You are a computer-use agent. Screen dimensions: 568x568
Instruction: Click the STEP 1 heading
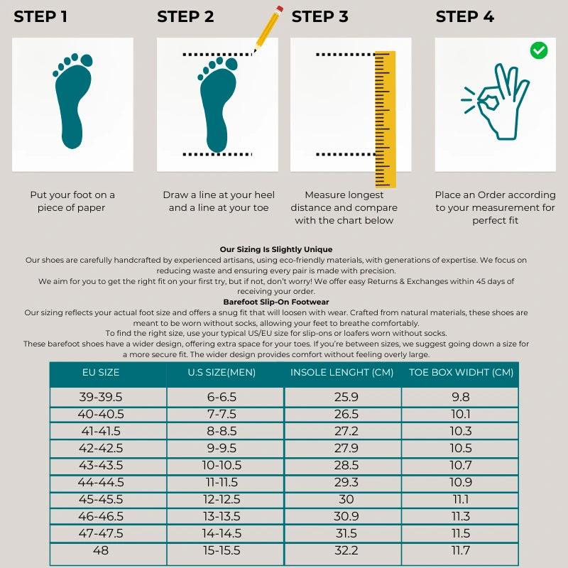coord(40,17)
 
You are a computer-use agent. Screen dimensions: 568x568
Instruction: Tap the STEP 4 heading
coord(465,17)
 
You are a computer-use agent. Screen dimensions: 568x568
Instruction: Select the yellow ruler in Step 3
coord(385,119)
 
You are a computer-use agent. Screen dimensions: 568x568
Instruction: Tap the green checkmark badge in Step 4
coord(539,50)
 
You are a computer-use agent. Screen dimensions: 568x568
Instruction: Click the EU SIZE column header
coord(101,372)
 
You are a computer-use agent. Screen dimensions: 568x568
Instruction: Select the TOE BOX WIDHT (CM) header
coord(461,372)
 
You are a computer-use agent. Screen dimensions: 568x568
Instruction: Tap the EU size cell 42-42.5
coord(101,448)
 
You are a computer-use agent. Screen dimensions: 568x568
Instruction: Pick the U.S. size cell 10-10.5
coord(221,465)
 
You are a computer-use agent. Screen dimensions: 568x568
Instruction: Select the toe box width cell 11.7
coord(461,550)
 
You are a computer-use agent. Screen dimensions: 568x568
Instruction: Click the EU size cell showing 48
coord(101,550)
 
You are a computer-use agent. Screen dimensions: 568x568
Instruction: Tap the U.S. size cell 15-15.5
coord(221,550)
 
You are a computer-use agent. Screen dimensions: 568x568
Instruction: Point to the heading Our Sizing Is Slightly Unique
coord(276,250)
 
